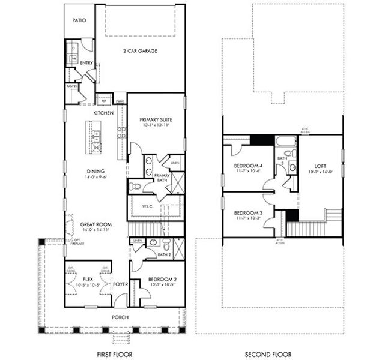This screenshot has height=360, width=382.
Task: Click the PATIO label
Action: (79, 20)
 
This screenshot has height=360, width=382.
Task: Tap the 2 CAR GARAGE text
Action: (140, 51)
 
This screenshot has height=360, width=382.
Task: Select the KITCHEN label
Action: (104, 113)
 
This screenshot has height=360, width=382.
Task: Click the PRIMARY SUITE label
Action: (156, 119)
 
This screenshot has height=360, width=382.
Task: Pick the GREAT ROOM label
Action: (95, 223)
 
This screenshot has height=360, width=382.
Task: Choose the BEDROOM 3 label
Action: (247, 213)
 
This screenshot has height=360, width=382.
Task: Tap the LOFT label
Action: (320, 166)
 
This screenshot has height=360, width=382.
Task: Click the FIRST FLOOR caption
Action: (115, 354)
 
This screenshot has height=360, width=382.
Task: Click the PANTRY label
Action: (72, 86)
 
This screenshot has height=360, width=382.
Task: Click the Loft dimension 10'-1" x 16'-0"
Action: (320, 173)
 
